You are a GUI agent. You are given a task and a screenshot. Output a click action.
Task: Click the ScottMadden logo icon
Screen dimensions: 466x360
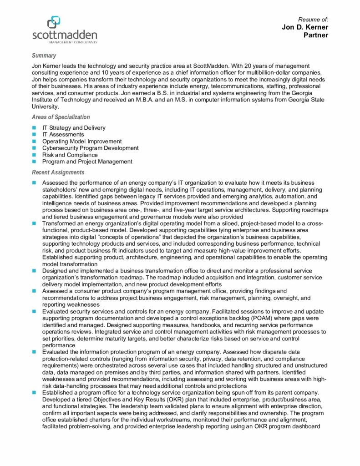[54, 21]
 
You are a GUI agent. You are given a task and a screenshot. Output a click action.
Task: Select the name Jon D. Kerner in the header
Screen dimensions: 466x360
[305, 27]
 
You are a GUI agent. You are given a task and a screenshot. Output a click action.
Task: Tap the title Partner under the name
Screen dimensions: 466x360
[316, 35]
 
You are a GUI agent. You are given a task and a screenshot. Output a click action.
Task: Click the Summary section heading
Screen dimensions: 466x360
[44, 56]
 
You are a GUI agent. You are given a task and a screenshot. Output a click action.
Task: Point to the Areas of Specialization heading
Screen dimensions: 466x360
[61, 117]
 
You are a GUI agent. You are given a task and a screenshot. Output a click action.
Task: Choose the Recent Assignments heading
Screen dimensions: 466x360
[58, 172]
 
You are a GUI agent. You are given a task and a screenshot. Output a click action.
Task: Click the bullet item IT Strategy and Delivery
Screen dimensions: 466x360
[74, 128]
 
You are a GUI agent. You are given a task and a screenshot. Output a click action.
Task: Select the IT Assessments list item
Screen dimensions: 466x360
[63, 135]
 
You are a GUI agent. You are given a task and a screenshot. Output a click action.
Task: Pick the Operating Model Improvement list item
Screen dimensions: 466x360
[82, 142]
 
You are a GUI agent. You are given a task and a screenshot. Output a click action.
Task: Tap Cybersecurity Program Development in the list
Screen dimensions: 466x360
[90, 148]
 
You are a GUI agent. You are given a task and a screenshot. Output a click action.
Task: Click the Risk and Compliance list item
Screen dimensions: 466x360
[68, 155]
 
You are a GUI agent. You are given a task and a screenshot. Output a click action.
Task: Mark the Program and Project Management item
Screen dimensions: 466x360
[87, 162]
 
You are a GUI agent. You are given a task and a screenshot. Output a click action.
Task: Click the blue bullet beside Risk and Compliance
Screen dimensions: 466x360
[34, 155]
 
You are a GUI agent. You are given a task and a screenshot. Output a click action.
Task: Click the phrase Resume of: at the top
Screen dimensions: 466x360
[313, 20]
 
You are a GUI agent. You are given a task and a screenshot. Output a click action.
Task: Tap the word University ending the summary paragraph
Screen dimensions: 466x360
[45, 107]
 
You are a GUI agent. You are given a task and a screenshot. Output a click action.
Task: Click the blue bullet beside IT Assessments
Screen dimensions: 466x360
[34, 135]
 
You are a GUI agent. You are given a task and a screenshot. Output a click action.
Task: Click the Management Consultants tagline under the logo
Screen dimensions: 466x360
[73, 42]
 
